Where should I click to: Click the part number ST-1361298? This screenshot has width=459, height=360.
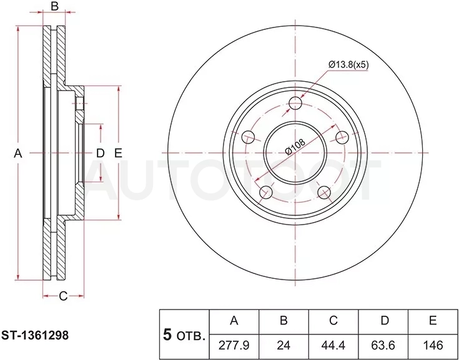tap(35, 336)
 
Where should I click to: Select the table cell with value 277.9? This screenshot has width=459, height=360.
tap(234, 346)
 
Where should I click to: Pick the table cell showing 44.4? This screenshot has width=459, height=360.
tap(333, 346)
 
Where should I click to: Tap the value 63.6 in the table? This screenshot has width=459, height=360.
tap(383, 346)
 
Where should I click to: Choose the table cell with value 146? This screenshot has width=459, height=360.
tap(433, 346)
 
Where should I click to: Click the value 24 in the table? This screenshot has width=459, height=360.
tap(284, 346)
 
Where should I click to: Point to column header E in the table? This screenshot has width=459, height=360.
tap(433, 321)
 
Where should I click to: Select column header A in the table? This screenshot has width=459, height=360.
tap(234, 321)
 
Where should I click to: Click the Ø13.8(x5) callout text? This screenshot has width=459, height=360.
tap(348, 65)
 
